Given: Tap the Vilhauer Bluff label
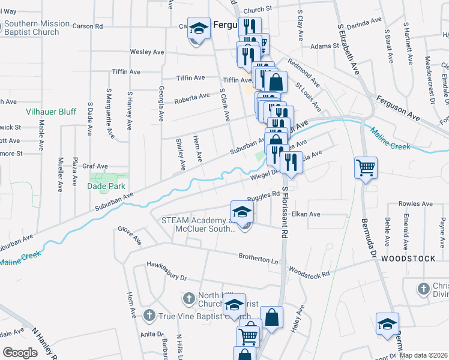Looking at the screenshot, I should pos(51,112).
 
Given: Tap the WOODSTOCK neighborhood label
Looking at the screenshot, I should pos(416,259).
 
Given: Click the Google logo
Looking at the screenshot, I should pos(20,353).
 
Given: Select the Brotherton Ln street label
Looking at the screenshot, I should pos(259,260).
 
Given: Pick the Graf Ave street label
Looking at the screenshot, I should pos(95,166).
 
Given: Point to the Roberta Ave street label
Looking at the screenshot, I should pos(192,97).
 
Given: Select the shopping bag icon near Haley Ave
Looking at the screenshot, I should pos(271,319).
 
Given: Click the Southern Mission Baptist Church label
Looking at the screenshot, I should pos(37,28).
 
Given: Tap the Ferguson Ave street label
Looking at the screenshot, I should pos(399,106).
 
